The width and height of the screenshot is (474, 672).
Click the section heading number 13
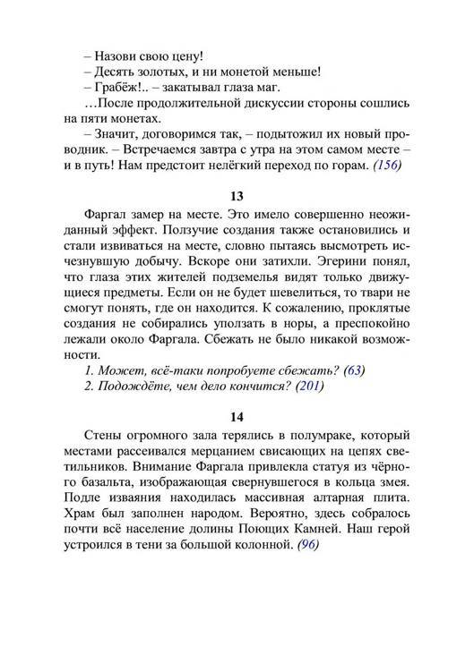click(237, 196)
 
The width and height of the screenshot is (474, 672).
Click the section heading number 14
click(237, 416)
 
